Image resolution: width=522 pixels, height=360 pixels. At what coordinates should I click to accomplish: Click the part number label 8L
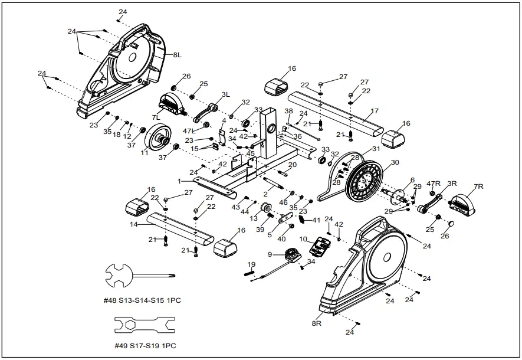coord(176,55)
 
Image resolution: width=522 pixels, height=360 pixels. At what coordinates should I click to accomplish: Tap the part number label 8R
coord(317,323)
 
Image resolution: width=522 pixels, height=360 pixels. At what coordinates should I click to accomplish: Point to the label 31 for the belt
coord(376,149)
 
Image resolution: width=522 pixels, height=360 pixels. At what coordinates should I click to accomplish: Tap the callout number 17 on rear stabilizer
coord(375,110)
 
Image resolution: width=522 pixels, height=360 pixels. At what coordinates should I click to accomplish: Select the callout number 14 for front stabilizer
coord(133,225)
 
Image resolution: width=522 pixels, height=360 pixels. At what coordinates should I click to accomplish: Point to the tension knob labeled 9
coord(291,254)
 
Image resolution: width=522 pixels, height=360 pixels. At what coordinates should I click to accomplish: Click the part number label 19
coord(251,264)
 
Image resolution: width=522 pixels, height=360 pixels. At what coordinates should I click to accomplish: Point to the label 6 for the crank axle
coord(412,180)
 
